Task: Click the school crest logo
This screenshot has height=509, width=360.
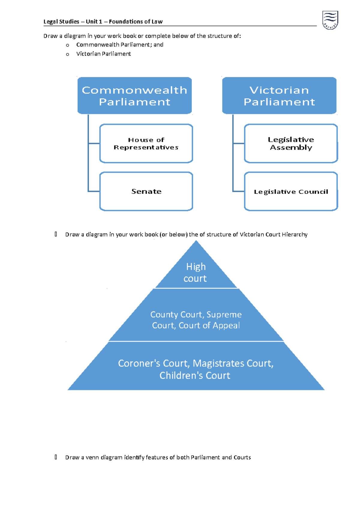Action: [x=330, y=20]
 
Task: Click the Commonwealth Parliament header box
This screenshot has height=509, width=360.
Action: [x=134, y=96]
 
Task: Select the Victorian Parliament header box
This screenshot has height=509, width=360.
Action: [x=279, y=96]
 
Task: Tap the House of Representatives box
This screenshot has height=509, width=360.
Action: [x=146, y=144]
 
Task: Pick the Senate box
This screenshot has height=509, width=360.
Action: [x=146, y=191]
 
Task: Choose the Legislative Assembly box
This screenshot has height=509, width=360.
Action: [x=291, y=144]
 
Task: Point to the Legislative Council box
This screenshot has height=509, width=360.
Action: [x=291, y=191]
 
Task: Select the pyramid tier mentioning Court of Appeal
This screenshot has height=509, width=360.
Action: [x=196, y=320]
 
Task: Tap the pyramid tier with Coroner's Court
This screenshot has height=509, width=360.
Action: [x=196, y=369]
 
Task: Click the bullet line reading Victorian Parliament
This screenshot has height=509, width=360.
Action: [x=103, y=54]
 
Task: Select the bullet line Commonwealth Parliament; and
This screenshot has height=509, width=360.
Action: [x=120, y=45]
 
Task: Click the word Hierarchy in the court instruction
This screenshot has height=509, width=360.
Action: [x=295, y=234]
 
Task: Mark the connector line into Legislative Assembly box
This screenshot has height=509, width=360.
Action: [x=239, y=144]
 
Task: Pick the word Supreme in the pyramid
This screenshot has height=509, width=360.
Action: [x=224, y=314]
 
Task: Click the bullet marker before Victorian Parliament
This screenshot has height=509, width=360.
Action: [x=67, y=54]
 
